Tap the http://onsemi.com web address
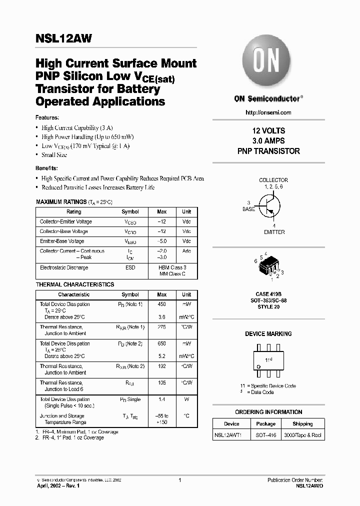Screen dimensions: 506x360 [x=268, y=112]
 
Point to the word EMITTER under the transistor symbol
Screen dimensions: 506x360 [x=274, y=232]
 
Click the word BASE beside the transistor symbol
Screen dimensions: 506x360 [x=248, y=209]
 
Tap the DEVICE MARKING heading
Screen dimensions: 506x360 [x=268, y=334]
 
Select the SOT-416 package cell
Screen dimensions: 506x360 [x=265, y=435]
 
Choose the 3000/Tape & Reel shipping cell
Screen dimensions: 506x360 [x=302, y=435]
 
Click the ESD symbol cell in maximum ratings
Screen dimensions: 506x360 [x=130, y=268]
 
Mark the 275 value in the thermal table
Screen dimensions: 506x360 [x=162, y=327]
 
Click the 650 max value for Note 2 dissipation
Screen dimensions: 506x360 [x=162, y=343]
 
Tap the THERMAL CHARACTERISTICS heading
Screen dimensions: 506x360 [x=75, y=284]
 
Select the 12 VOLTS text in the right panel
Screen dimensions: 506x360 [x=268, y=131]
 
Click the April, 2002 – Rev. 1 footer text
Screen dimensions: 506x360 [x=58, y=485]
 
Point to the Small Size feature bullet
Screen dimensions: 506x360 [x=54, y=155]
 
